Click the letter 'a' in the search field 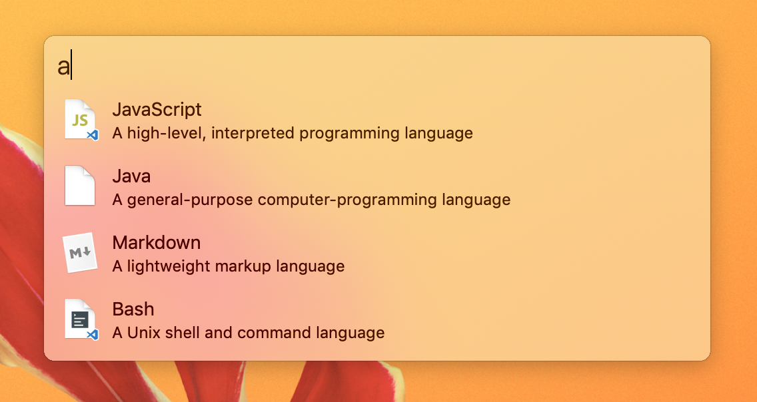pyautogui.click(x=63, y=67)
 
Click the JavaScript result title pyautogui.click(x=157, y=109)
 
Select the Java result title pyautogui.click(x=131, y=176)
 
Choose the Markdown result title pyautogui.click(x=157, y=242)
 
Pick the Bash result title pyautogui.click(x=133, y=309)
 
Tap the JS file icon pyautogui.click(x=81, y=120)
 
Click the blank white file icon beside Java pyautogui.click(x=80, y=186)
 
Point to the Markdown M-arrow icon pyautogui.click(x=80, y=252)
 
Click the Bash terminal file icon pyautogui.click(x=81, y=319)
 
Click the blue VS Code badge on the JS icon pyautogui.click(x=93, y=136)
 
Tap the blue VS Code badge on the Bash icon pyautogui.click(x=93, y=335)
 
